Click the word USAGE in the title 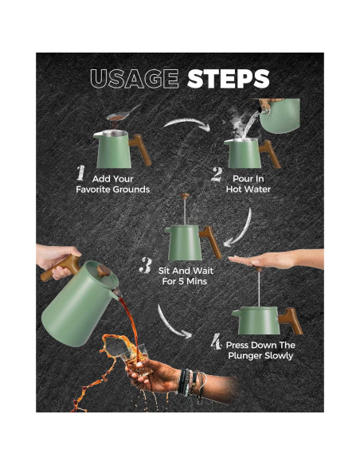(135, 79)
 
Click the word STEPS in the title (229, 79)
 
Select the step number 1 (80, 174)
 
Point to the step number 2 (217, 174)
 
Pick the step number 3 (146, 265)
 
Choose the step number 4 (216, 341)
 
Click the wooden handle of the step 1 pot (140, 149)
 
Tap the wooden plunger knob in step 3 (186, 196)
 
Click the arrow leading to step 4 (170, 324)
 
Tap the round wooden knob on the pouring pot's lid (104, 271)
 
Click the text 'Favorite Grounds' (112, 190)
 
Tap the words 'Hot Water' (248, 190)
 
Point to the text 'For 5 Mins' (185, 281)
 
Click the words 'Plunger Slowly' (260, 356)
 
